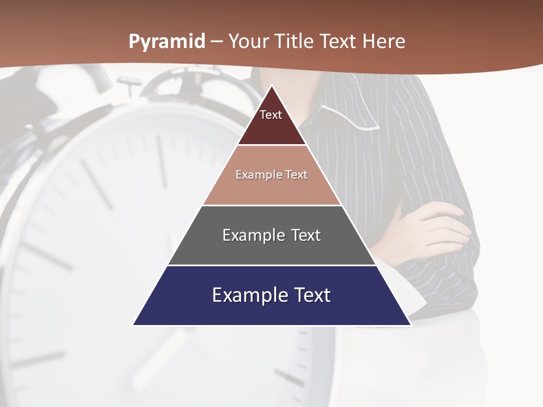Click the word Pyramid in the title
coord(167,41)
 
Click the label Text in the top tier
coord(271,115)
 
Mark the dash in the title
coord(217,41)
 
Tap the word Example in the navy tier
coord(242,295)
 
